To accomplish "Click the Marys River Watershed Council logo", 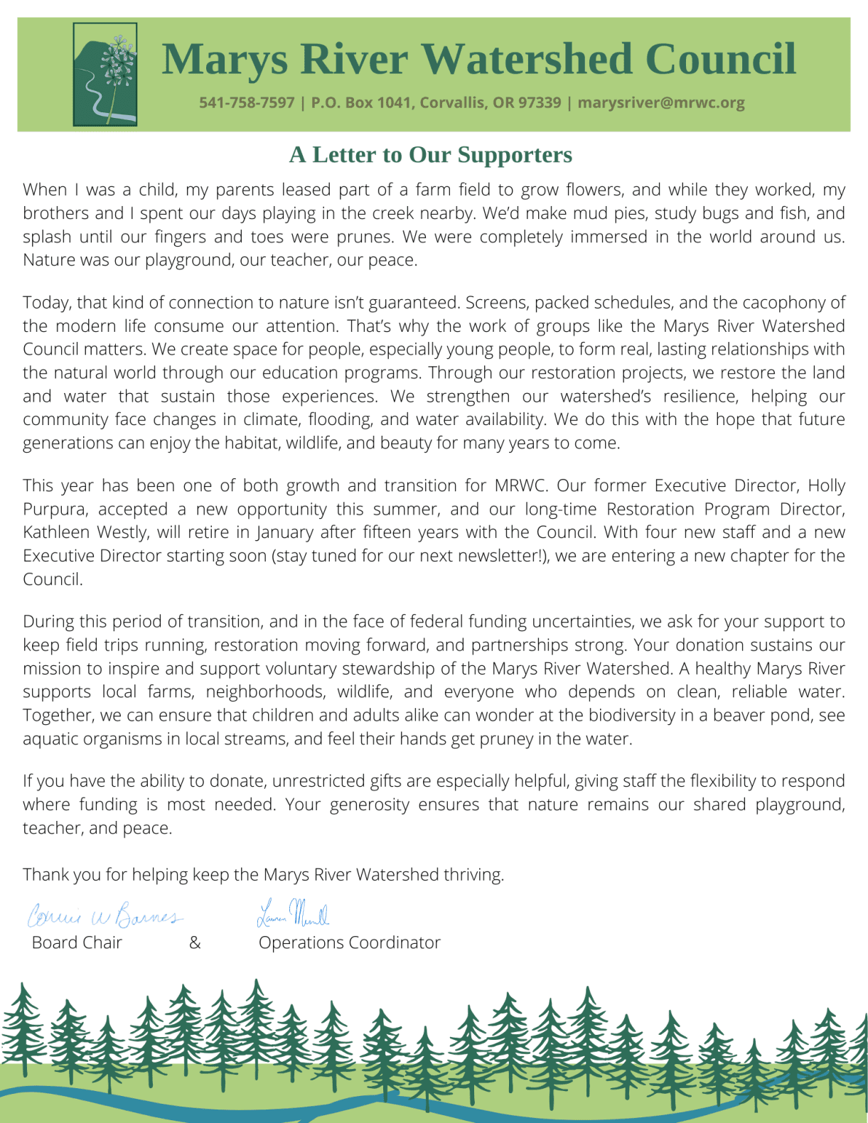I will (105, 75).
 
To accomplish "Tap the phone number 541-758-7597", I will (246, 102).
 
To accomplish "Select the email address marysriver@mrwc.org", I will (661, 102).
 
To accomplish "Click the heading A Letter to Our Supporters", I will (430, 155).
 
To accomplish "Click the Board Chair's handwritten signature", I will (105, 915).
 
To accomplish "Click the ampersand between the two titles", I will (195, 942).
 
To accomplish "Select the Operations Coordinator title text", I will (349, 942).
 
